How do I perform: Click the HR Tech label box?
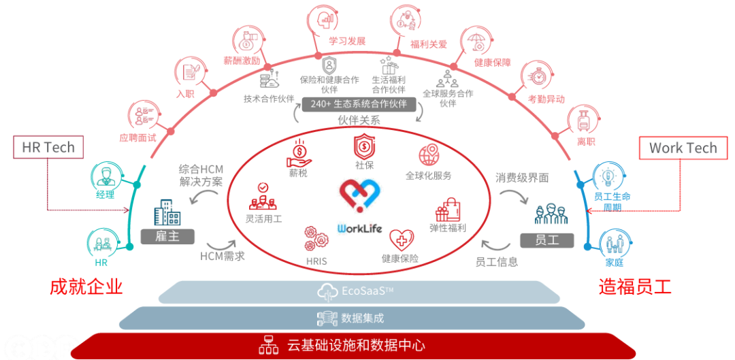point(48,148)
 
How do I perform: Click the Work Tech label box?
point(683,148)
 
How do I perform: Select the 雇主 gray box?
point(167,236)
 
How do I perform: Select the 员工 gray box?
point(547,240)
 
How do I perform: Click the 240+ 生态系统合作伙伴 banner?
point(359,104)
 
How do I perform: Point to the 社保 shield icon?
point(365,147)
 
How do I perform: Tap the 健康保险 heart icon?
point(402,240)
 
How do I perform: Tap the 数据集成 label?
point(362,318)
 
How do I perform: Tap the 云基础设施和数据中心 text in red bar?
point(356,345)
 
